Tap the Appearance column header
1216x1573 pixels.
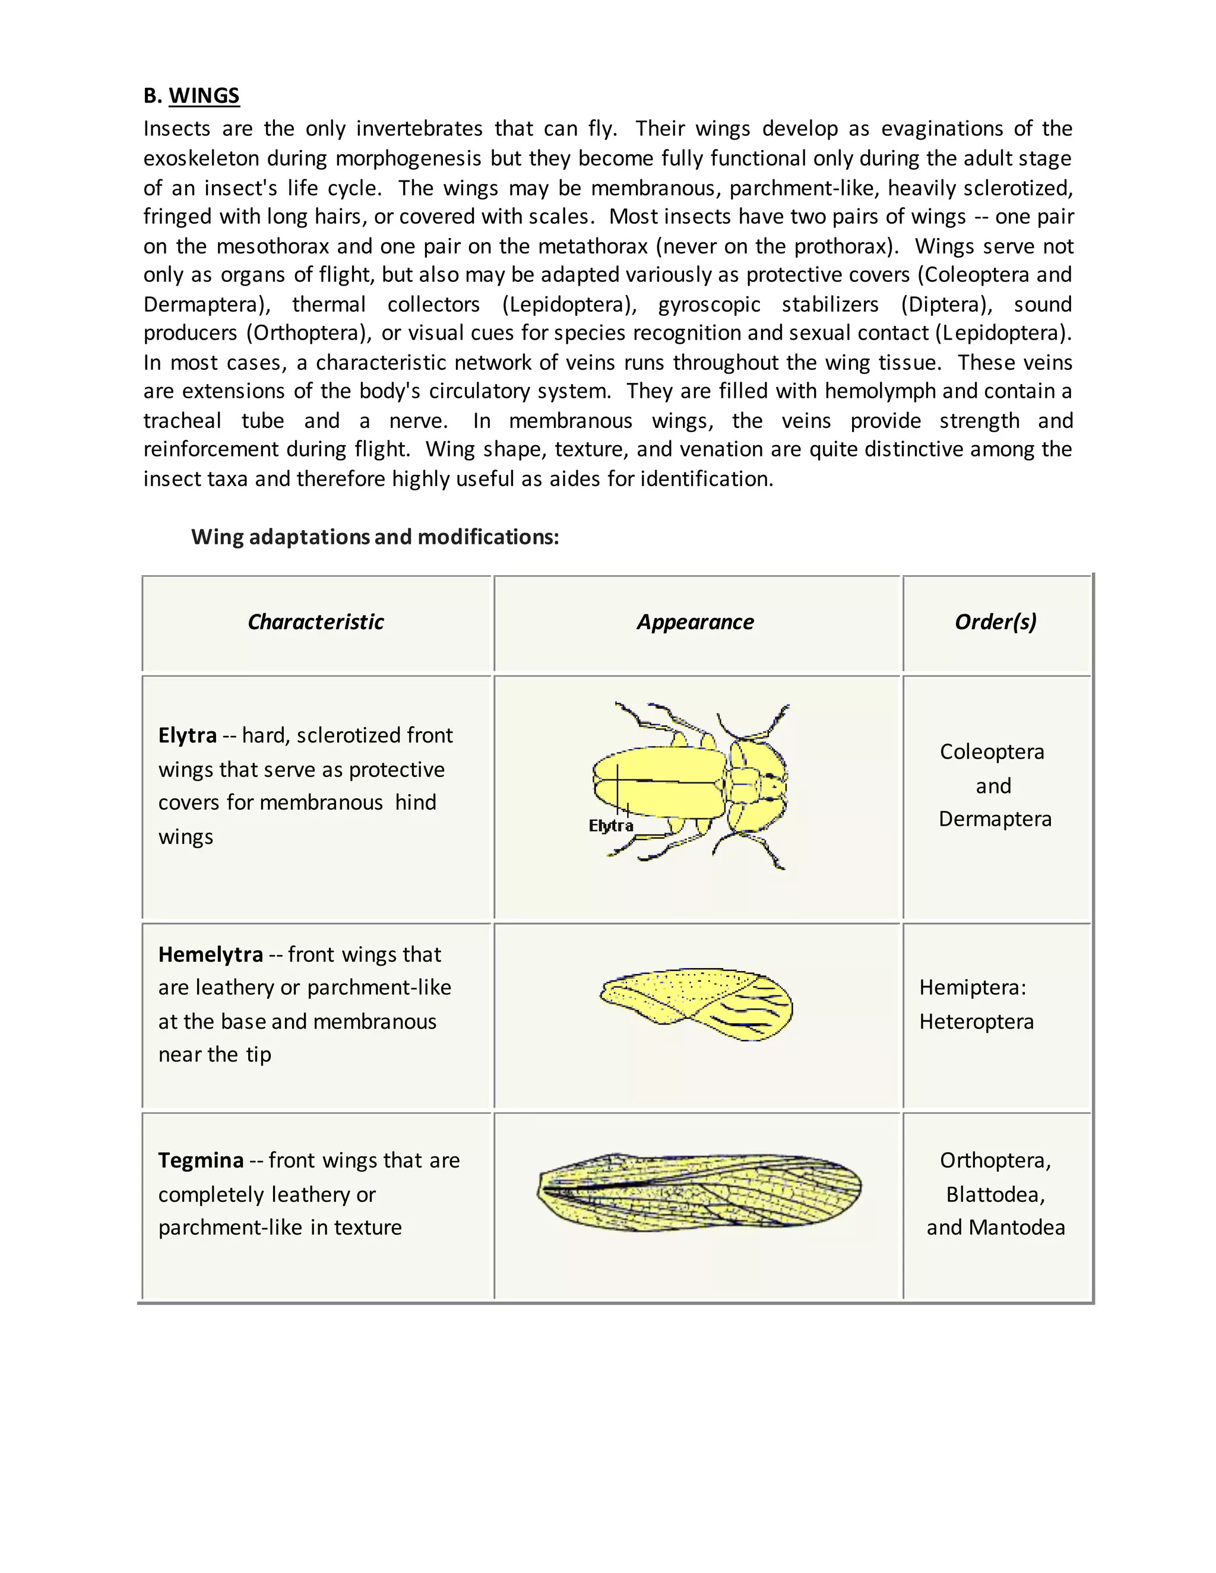[x=695, y=621]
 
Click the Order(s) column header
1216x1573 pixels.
[x=996, y=621]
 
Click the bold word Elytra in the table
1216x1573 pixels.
[x=187, y=735]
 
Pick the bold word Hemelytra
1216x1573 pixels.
[x=210, y=954]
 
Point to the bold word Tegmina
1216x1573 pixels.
[x=201, y=1160]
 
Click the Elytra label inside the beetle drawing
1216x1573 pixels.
[x=611, y=826]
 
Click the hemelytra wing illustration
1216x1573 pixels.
[x=696, y=1003]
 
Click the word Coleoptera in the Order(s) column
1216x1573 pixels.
[x=992, y=752]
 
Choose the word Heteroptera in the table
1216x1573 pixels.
[x=976, y=1022]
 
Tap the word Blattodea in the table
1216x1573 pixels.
[x=995, y=1194]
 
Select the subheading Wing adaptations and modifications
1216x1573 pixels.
[x=375, y=537]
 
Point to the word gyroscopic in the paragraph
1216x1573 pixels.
[x=709, y=304]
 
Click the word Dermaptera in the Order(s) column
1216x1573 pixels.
[x=995, y=819]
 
